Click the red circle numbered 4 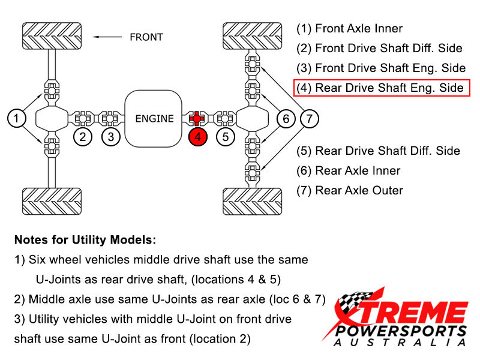click(x=197, y=137)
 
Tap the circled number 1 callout click(x=17, y=118)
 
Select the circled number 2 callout click(x=83, y=137)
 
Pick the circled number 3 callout click(x=111, y=137)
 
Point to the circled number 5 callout click(x=225, y=137)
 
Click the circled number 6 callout click(x=286, y=118)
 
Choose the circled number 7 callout click(x=309, y=118)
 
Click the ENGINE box click(x=154, y=118)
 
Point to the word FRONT click(x=146, y=37)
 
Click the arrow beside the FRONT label click(x=108, y=37)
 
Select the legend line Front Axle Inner click(x=350, y=28)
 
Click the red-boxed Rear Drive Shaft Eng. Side click(x=382, y=88)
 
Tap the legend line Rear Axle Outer click(x=350, y=190)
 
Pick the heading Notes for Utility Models click(x=85, y=240)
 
